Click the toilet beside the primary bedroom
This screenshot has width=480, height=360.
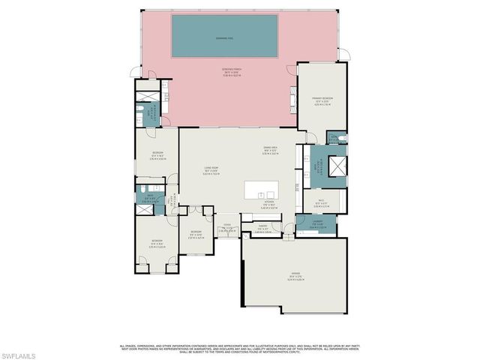[x=340, y=138]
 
